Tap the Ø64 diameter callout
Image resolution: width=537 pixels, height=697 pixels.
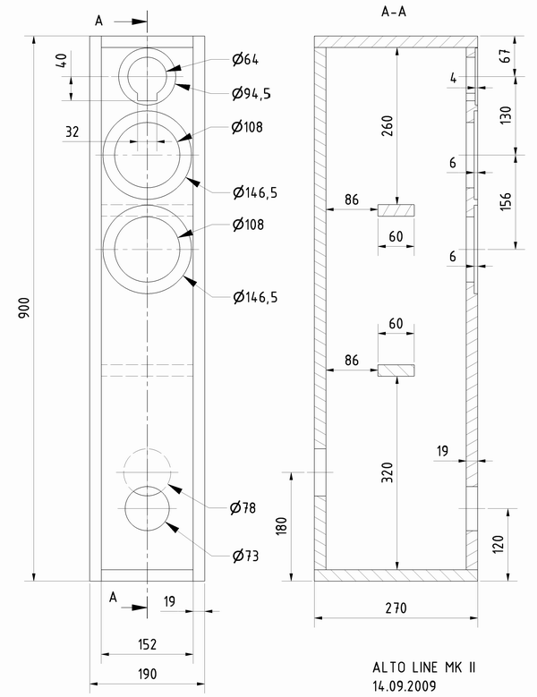coord(244,60)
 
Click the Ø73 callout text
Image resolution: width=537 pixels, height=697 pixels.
coord(243,556)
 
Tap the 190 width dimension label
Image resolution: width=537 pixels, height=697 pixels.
coord(147,674)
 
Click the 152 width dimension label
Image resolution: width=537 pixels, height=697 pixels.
coord(147,643)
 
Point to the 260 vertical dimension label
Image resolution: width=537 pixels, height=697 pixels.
coord(387,128)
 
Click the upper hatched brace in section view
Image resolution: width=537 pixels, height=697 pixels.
coord(396,210)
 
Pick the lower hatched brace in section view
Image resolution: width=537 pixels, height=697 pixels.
coord(396,370)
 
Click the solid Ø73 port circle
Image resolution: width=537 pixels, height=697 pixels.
coord(148,509)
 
